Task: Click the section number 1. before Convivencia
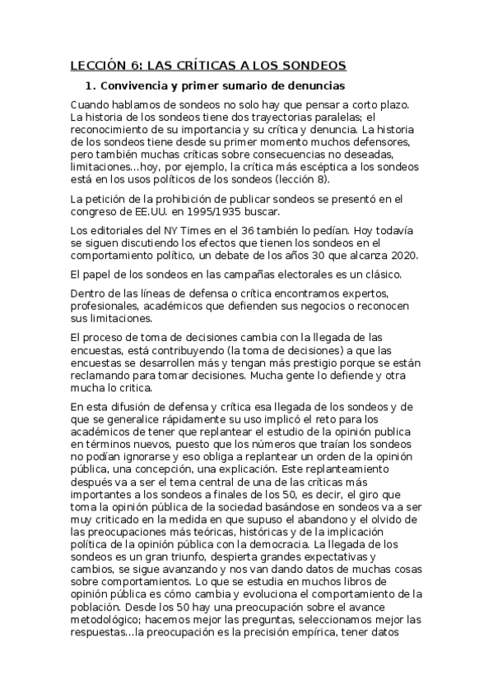(x=91, y=86)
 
